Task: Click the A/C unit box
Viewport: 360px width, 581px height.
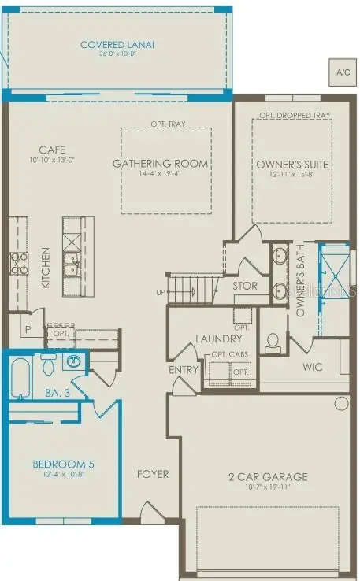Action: pos(343,72)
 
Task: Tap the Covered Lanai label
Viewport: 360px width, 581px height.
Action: pos(117,45)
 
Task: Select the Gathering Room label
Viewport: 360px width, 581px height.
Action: pos(160,164)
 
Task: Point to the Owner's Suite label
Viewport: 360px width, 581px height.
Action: pos(292,165)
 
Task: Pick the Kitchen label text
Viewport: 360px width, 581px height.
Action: pos(46,268)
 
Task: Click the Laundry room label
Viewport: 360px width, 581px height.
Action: pos(217,339)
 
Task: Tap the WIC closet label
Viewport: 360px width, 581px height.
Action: pos(313,367)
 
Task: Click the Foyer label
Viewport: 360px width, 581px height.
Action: pos(153,475)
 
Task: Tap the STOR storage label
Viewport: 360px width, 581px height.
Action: pos(245,286)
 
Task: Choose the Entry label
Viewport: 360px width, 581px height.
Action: pos(184,370)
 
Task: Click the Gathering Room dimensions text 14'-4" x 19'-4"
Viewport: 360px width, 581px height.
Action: pos(160,174)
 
